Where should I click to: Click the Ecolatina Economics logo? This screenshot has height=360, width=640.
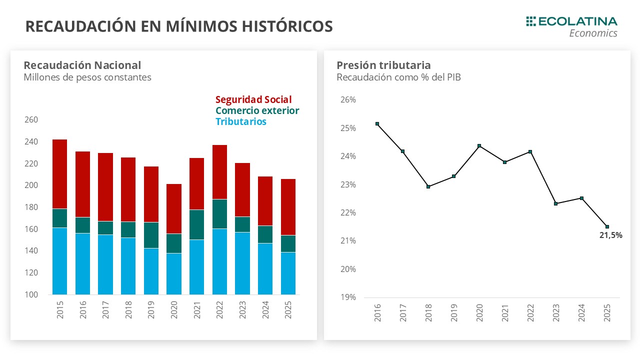(571, 26)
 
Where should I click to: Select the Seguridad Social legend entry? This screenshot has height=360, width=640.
(253, 99)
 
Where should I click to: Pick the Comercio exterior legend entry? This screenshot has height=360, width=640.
(257, 110)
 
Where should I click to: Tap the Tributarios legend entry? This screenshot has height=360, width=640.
(240, 121)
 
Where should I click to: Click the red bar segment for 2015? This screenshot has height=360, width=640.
(60, 174)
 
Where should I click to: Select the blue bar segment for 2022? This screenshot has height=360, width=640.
(219, 261)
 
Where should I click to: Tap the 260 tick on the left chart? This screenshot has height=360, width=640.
(31, 120)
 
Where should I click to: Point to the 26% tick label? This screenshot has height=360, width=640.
(348, 99)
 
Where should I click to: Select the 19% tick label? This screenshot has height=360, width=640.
(348, 297)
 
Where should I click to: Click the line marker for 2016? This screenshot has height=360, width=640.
(377, 124)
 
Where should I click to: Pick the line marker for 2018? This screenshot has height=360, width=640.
(428, 186)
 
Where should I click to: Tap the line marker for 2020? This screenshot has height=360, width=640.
(479, 146)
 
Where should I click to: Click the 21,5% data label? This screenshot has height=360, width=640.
(610, 235)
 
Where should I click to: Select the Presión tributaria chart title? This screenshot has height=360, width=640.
(383, 65)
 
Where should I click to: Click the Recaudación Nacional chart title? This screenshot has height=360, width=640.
(82, 65)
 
